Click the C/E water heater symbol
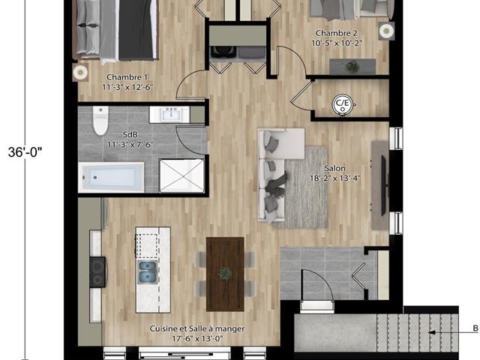click(343, 104)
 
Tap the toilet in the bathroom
click(100, 121)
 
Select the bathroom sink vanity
click(169, 115)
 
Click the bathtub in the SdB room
click(111, 177)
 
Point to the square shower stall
click(181, 175)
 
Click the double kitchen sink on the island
click(148, 272)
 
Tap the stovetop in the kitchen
click(97, 271)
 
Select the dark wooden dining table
click(225, 274)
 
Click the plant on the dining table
click(225, 274)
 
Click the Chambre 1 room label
click(124, 77)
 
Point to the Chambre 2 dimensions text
click(337, 43)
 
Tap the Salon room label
click(335, 168)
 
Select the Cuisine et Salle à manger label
click(196, 328)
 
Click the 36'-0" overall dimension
click(25, 152)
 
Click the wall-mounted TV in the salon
click(383, 185)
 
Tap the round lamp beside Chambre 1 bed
click(80, 72)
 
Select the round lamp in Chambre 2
click(386, 31)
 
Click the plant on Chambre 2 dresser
click(352, 66)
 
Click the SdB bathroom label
click(130, 134)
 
